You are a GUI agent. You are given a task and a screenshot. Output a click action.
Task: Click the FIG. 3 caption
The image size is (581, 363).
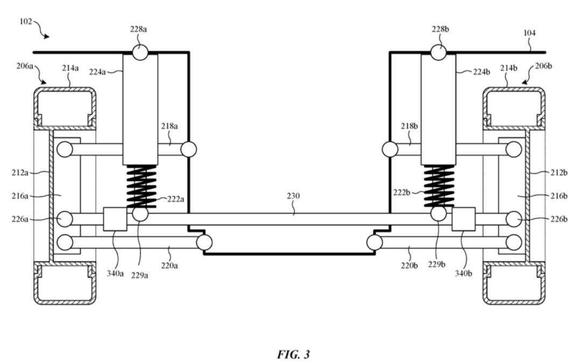pyautogui.click(x=293, y=354)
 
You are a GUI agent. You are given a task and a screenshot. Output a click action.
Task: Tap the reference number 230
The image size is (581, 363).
pyautogui.click(x=293, y=197)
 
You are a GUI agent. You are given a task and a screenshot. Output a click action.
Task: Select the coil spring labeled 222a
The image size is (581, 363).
pyautogui.click(x=140, y=186)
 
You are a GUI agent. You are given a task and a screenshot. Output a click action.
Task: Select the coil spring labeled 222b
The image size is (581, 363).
pyautogui.click(x=438, y=186)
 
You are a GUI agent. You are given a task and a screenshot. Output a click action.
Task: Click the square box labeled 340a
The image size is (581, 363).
pyautogui.click(x=115, y=219)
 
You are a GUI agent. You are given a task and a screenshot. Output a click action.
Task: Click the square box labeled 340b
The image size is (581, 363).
pyautogui.click(x=464, y=219)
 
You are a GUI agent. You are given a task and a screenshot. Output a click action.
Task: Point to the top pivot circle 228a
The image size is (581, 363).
pyautogui.click(x=140, y=53)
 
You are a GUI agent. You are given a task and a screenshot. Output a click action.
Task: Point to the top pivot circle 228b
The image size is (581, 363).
pyautogui.click(x=438, y=53)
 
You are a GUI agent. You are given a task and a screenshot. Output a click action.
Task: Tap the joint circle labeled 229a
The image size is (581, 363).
pyautogui.click(x=140, y=214)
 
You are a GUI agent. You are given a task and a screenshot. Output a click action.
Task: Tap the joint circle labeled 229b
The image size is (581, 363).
pyautogui.click(x=438, y=214)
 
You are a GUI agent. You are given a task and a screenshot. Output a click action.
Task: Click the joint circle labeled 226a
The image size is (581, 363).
pyautogui.click(x=65, y=219)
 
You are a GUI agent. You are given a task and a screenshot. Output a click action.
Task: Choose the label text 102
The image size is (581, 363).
pyautogui.click(x=25, y=22)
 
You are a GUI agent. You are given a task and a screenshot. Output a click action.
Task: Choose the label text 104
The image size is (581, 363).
pyautogui.click(x=529, y=33)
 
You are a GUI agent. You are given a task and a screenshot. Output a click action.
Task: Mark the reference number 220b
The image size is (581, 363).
pyautogui.click(x=410, y=265)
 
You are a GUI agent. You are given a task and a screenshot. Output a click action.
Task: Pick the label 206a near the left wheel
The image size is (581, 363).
pyautogui.click(x=24, y=66)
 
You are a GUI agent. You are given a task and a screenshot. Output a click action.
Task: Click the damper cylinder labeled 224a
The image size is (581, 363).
pyautogui.click(x=140, y=108)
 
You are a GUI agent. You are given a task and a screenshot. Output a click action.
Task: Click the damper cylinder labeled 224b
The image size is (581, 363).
pyautogui.click(x=438, y=108)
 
